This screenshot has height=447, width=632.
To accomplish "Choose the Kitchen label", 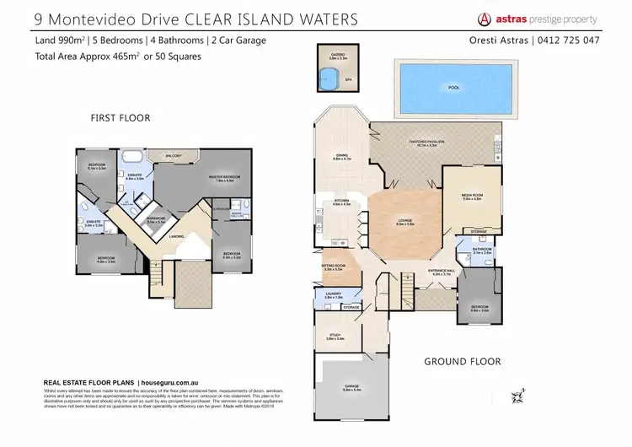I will [341, 202].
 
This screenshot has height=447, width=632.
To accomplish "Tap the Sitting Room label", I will [334, 267].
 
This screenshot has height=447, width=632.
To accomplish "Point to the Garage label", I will [352, 388].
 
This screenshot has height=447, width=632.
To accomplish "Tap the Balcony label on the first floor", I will [174, 156].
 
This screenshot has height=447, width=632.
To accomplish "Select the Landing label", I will [176, 237].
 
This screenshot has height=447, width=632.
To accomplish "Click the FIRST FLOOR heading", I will [120, 118].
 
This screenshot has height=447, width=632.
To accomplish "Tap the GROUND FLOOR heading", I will [462, 361].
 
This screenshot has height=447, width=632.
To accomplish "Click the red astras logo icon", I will [485, 18].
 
